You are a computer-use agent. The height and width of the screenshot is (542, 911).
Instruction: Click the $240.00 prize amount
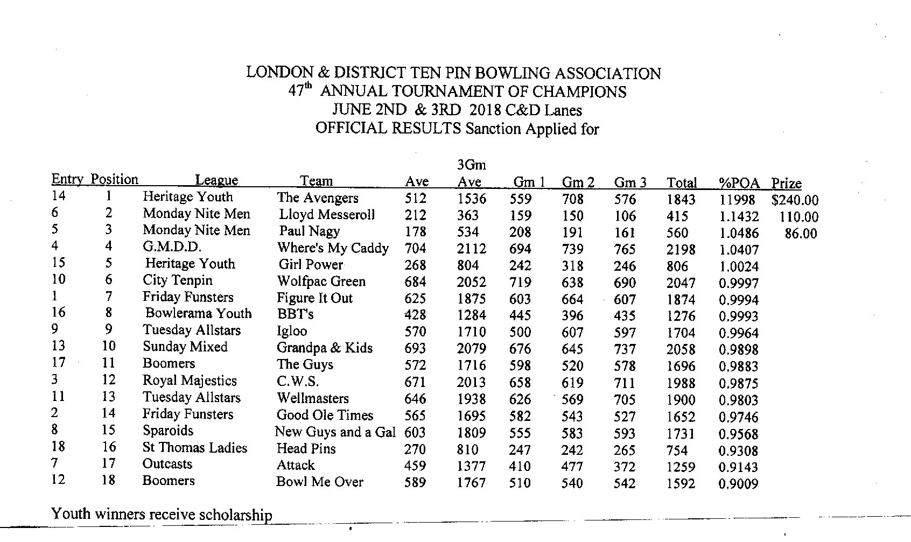(x=794, y=200)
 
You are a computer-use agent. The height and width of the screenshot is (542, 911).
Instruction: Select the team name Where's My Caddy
(x=333, y=248)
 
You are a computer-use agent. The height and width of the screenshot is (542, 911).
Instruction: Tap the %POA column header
(x=739, y=183)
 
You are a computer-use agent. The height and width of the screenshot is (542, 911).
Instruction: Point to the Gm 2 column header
(x=578, y=182)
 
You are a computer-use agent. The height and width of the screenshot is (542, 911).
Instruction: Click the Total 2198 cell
(x=681, y=250)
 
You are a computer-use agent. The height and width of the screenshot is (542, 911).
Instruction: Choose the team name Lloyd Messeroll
(x=326, y=214)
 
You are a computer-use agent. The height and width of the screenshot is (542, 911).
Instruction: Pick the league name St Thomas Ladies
(x=194, y=448)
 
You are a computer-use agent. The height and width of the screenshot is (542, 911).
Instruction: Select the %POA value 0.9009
(x=738, y=484)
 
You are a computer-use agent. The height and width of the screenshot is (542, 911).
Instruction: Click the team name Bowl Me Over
(x=319, y=482)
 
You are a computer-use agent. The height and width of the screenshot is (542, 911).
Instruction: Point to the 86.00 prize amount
(x=801, y=234)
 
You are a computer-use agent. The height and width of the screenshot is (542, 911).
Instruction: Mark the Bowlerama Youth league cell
(x=198, y=313)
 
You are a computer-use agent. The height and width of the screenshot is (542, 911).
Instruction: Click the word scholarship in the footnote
(x=235, y=515)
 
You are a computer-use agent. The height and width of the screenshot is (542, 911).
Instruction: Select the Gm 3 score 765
(x=625, y=250)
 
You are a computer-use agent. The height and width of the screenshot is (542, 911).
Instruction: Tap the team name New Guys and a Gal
(x=335, y=432)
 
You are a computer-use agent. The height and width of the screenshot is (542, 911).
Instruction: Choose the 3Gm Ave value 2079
(x=471, y=349)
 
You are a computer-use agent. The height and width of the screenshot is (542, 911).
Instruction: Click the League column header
(x=216, y=181)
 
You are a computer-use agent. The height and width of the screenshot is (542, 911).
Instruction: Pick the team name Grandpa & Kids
(x=324, y=348)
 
